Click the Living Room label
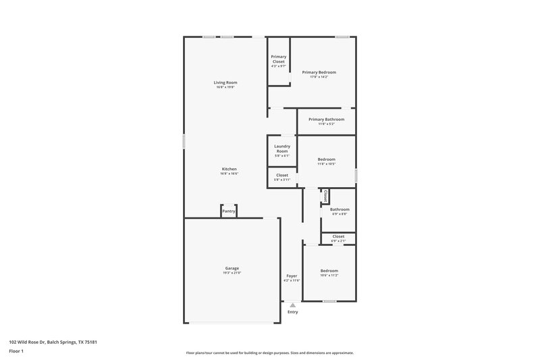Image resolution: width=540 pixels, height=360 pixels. coord(226,82)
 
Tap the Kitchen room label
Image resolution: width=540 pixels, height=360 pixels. coord(230,169)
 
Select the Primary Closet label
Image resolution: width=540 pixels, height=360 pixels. coord(278,59)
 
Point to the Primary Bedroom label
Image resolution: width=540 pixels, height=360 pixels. coord(319,72)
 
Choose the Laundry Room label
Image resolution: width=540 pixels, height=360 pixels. coord(282,149)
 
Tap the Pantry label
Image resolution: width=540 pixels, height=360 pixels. coord(229,211)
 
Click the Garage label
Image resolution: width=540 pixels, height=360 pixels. coord(232,268)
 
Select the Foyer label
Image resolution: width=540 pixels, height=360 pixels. coord(292,276)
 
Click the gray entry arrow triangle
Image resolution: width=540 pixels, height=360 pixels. coord(292,305)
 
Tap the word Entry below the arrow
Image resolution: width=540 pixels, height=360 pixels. coord(292,312)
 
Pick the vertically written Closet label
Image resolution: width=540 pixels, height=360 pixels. coord(325,196)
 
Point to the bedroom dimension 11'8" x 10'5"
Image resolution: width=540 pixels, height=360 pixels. coord(327,164)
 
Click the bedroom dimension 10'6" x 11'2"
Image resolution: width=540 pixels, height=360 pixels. coord(329,276)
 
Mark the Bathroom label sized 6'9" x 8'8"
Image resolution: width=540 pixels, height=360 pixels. coord(340,209)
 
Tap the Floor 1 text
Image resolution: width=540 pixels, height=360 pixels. coord(17,352)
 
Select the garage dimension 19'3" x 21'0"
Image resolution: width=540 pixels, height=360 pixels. coord(232,273)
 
